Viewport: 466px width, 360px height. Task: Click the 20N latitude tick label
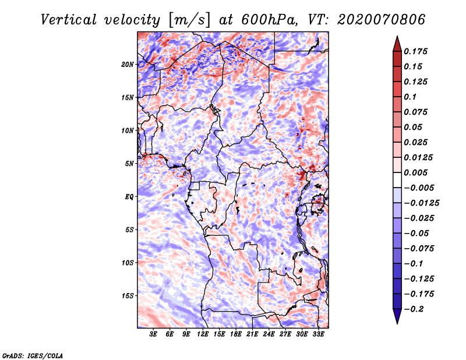[x=128, y=65]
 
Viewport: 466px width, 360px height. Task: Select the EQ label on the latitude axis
[x=129, y=197]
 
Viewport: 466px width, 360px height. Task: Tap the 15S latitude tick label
[x=128, y=296]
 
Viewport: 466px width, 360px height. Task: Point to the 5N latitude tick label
[x=129, y=164]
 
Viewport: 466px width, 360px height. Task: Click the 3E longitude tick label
[x=153, y=334]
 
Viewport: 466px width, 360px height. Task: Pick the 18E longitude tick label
[x=236, y=334]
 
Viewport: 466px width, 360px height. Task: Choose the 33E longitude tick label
[x=318, y=334]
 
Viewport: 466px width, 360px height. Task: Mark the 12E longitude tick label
[x=203, y=334]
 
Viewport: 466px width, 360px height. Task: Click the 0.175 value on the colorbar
[x=415, y=51]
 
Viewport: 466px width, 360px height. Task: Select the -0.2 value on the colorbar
[x=414, y=309]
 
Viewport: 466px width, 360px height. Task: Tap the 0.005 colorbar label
[x=415, y=172]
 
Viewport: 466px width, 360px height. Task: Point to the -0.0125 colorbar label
[x=421, y=203]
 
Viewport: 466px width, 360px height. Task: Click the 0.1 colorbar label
[x=410, y=97]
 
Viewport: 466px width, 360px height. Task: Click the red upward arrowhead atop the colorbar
[x=397, y=44]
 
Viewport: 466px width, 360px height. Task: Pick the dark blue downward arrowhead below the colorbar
[x=397, y=316]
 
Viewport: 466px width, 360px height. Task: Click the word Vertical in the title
[x=69, y=20]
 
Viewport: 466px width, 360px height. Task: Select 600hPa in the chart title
[x=269, y=20]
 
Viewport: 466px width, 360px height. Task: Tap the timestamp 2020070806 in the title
[x=382, y=20]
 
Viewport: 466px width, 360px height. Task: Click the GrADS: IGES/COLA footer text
[x=33, y=356]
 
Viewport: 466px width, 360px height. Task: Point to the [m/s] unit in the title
[x=189, y=20]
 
